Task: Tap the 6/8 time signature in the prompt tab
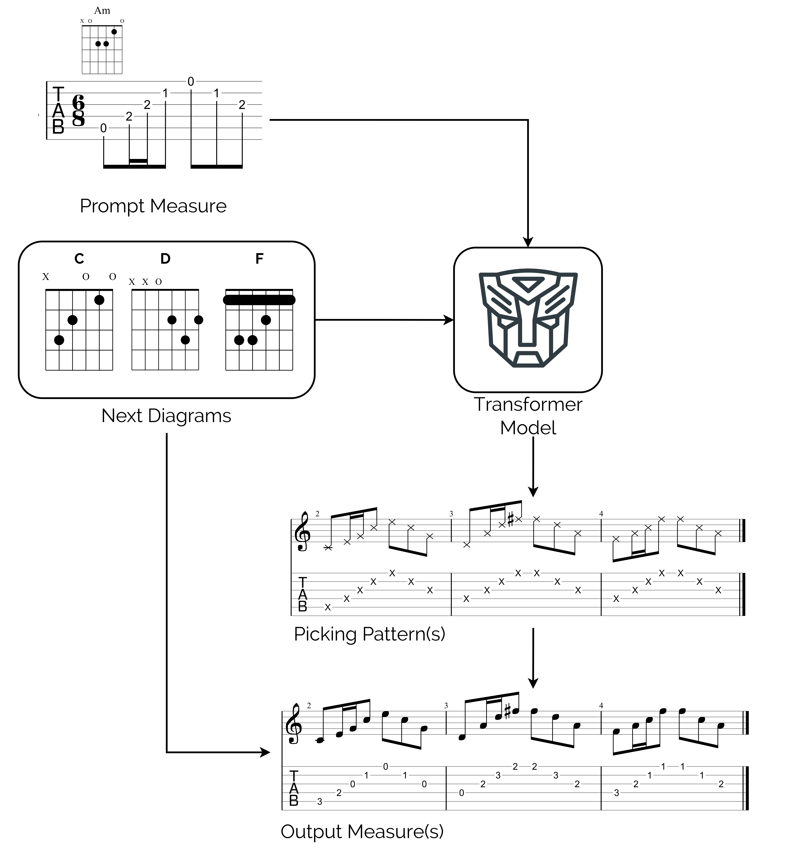coord(78,110)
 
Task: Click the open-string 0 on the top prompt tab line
coord(191,81)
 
